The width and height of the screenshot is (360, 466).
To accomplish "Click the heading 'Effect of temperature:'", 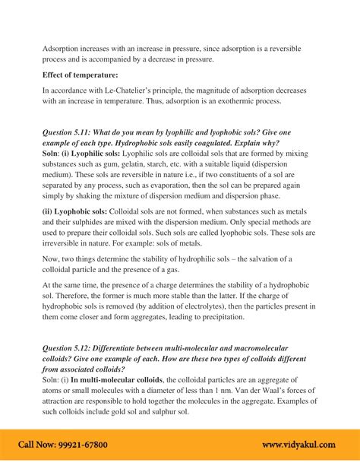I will [80, 74].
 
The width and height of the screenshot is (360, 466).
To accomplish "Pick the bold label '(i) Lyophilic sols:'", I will [94, 154].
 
